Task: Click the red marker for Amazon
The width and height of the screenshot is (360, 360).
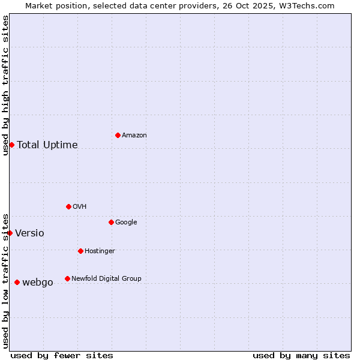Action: click(118, 135)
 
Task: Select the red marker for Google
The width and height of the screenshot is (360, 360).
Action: click(111, 222)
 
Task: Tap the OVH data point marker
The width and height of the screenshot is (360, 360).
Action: click(68, 206)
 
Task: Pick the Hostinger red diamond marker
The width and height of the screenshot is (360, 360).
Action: click(80, 251)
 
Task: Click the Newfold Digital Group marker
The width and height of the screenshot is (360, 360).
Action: click(67, 278)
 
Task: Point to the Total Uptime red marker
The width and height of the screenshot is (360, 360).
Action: click(11, 145)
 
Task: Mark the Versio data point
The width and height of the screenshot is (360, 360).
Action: click(10, 233)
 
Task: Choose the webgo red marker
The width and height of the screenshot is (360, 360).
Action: click(17, 282)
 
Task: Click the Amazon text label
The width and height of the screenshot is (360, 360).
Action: click(134, 136)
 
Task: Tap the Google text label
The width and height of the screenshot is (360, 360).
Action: click(126, 223)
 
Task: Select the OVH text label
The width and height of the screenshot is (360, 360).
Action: click(80, 207)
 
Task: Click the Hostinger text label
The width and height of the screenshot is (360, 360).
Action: click(100, 251)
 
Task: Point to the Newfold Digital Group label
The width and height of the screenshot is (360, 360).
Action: click(106, 278)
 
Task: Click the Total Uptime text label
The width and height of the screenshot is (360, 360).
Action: click(47, 145)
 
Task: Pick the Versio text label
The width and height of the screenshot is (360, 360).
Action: click(29, 233)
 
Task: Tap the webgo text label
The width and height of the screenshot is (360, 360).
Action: click(38, 283)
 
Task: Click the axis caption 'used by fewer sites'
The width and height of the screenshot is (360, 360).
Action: click(62, 355)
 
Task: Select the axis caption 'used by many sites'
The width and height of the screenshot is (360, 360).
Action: click(301, 355)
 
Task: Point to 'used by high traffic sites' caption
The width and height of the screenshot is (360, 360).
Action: click(5, 85)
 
